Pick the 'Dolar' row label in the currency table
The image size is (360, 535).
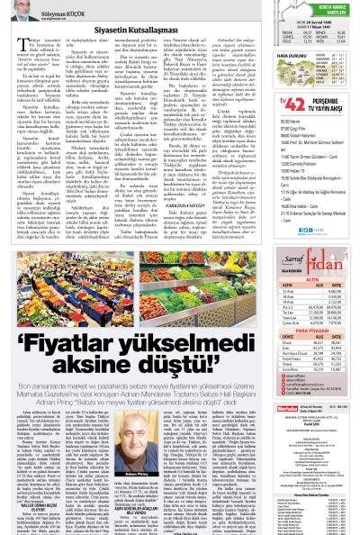[x=283, y=330]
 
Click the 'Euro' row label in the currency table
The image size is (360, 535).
[x=283, y=336]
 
